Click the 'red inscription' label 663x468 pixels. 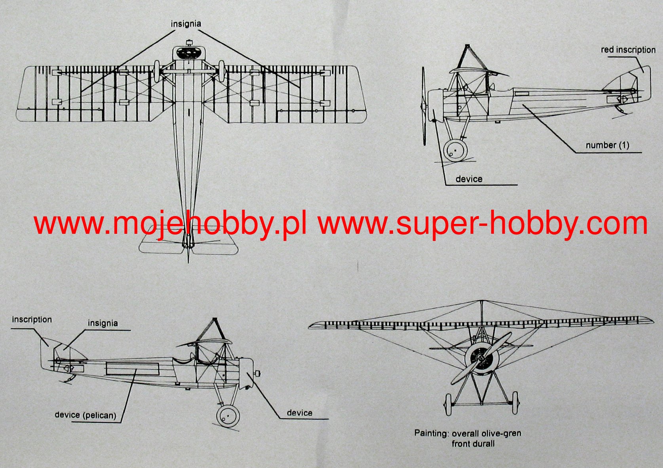[628, 50]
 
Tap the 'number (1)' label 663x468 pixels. [607, 145]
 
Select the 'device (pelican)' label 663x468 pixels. [85, 415]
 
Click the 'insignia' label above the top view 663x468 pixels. [186, 24]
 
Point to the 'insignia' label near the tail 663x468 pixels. [103, 323]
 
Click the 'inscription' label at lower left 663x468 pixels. [32, 319]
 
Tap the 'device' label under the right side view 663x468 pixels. [469, 179]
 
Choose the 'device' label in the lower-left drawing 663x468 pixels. [299, 413]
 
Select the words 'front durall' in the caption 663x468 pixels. [473, 443]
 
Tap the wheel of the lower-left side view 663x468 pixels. [228, 416]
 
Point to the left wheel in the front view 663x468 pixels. [448, 404]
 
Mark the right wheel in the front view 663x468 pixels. [515, 403]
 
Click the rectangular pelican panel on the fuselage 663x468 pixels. [132, 369]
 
